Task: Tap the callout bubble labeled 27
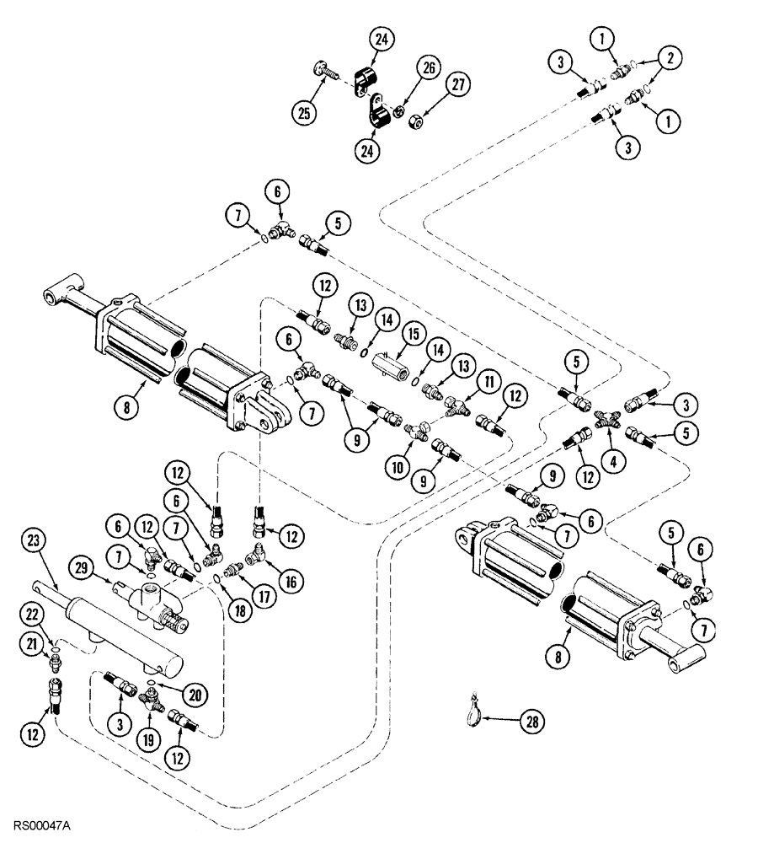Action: click(459, 86)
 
